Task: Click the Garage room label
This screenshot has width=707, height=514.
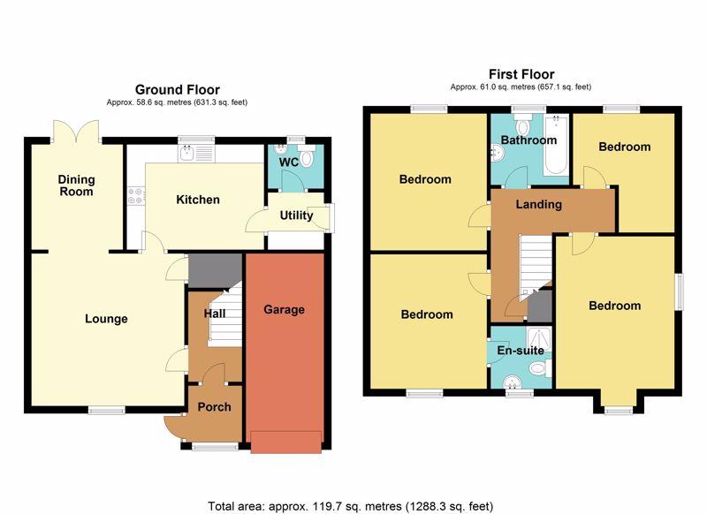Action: [x=284, y=309]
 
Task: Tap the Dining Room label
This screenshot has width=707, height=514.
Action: [x=76, y=185]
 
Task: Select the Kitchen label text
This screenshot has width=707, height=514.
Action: [x=198, y=200]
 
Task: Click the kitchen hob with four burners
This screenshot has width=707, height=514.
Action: [x=136, y=196]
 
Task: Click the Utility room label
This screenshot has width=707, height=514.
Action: [x=296, y=215]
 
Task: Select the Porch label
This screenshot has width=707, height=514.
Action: [x=214, y=407]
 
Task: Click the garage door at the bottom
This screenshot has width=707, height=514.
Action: [x=286, y=442]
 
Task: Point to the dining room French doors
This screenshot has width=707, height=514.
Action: [x=76, y=131]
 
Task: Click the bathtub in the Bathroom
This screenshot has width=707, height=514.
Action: [x=556, y=146]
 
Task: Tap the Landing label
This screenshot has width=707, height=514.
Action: [x=539, y=205]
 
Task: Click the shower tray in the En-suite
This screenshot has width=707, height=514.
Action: [x=539, y=339]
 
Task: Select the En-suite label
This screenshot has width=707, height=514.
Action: [x=521, y=350]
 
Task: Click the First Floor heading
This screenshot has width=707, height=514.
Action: [x=521, y=74]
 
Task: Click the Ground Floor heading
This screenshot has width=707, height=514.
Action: [x=178, y=90]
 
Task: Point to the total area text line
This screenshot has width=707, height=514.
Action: [x=350, y=506]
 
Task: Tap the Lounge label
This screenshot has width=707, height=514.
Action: [x=106, y=319]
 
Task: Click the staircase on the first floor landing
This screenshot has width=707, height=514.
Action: [x=536, y=265]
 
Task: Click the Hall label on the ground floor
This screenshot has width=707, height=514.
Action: [x=215, y=314]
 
